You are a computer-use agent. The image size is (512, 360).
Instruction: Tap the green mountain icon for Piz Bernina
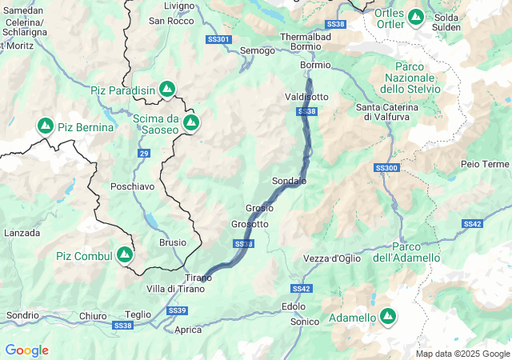pos(46,126)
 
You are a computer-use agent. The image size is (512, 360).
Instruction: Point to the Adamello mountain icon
pos(388,318)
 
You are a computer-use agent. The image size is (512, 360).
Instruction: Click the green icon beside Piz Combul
pos(124,255)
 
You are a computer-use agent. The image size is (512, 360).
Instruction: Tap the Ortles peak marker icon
pos(415,17)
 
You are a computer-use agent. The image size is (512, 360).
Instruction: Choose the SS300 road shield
pos(386,168)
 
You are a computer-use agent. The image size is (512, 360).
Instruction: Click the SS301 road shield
pos(218,39)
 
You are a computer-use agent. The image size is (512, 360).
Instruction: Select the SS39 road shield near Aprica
pos(178,310)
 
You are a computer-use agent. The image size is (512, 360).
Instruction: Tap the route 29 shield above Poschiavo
pos(143,153)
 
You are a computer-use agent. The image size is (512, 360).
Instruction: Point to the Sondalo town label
pos(289,182)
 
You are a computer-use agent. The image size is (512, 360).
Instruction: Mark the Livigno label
pos(178,6)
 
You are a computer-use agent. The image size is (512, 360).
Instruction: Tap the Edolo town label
pos(294,306)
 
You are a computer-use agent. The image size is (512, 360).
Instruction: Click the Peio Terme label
pos(485,164)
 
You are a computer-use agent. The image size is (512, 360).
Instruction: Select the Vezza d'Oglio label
pos(332,258)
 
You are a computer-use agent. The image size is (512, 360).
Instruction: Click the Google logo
pos(26,350)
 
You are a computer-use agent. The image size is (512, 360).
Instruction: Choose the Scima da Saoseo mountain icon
pos(190,122)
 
